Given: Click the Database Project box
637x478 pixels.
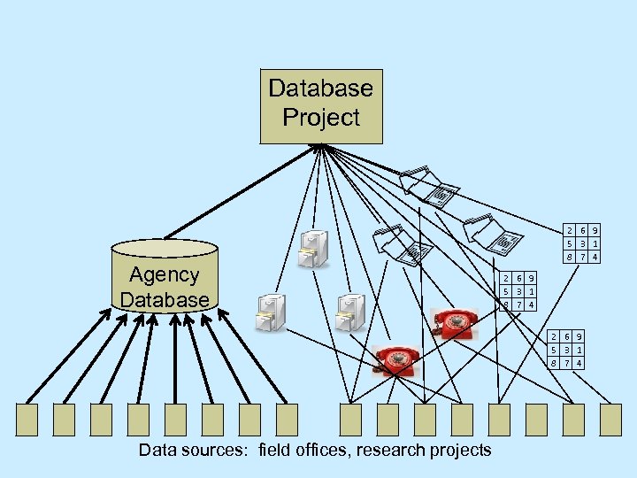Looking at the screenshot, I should pos(321,105).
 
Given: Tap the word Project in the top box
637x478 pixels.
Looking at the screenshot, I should pos(321,118).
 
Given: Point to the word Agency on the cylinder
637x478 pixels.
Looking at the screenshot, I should pos(165,274).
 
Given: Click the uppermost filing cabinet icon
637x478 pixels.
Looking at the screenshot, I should pos(314,248).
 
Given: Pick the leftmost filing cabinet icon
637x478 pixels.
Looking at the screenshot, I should pos(270,312).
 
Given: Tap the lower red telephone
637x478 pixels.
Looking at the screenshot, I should pos(395,358).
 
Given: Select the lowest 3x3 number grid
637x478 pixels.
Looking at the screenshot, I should pos(566,350).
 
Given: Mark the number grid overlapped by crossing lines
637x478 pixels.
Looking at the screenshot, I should pos(518,290).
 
